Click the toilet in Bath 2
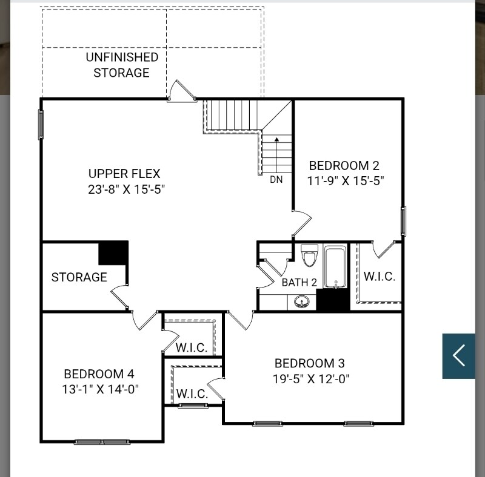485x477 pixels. click(x=309, y=255)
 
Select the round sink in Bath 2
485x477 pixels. click(x=301, y=301)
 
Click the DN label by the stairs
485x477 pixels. click(x=276, y=180)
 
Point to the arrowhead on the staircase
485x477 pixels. click(x=277, y=140)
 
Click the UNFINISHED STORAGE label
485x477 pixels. click(x=122, y=65)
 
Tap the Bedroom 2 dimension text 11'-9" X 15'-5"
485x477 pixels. click(x=346, y=181)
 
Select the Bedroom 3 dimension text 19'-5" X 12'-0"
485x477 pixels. click(x=311, y=379)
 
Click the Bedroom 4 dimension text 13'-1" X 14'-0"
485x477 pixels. click(x=100, y=389)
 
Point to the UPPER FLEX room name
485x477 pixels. click(x=124, y=174)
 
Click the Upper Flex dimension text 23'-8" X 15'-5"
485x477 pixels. click(x=126, y=189)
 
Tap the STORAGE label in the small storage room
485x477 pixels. click(x=79, y=277)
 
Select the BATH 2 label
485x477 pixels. click(x=299, y=282)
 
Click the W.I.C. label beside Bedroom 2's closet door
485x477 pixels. click(x=380, y=277)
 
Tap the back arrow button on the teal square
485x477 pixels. click(x=459, y=356)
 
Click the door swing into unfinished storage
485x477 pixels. click(x=182, y=90)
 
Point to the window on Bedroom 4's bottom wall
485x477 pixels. click(x=102, y=442)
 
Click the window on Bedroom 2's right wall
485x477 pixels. click(x=403, y=221)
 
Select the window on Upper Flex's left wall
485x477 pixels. click(x=41, y=125)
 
